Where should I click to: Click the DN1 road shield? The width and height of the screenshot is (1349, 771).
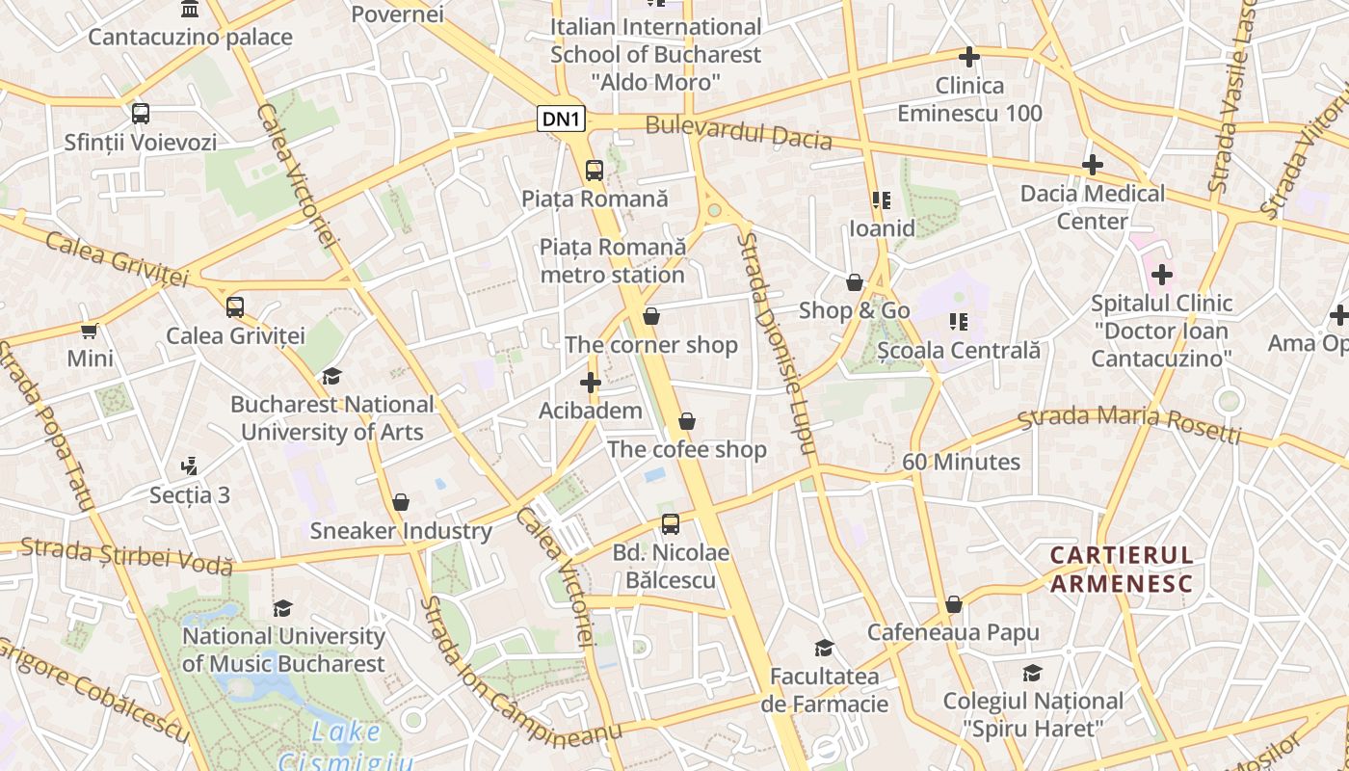pos(561,120)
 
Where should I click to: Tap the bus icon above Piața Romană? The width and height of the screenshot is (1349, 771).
pos(595,171)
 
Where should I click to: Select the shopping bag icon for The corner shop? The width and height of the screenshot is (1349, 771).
pos(651,316)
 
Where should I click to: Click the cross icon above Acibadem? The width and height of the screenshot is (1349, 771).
pos(591,383)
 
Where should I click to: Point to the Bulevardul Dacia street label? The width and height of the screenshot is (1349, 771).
pos(738,132)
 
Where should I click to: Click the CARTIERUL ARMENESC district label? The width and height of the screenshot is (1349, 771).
pos(1122,570)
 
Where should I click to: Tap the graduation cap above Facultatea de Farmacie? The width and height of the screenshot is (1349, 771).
pos(824,648)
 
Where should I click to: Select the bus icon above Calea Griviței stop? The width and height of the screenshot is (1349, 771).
pos(235,307)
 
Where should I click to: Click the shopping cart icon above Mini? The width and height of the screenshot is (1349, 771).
pos(90,331)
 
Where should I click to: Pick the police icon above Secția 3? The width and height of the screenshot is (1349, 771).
pos(190,466)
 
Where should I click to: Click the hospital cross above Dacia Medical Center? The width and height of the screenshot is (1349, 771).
pos(1092,165)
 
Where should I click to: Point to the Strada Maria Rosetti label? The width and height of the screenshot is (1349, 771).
pos(1129,424)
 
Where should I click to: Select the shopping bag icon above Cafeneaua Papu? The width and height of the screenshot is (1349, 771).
pos(953,604)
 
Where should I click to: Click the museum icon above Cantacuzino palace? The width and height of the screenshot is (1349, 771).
pos(190,10)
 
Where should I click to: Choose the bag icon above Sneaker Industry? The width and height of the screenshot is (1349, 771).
pos(401,502)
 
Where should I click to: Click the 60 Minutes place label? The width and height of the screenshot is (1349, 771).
pos(961,462)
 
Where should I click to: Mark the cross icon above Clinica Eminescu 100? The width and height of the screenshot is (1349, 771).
pos(969,57)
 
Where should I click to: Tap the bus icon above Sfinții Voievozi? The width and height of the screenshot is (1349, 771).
pos(141,114)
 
